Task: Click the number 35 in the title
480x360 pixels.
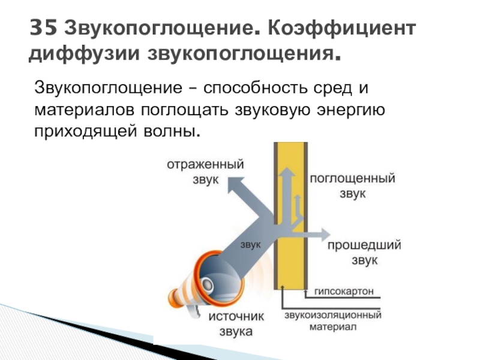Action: click(x=43, y=28)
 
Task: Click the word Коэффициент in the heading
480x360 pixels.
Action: click(x=342, y=29)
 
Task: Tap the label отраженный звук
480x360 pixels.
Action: click(x=205, y=172)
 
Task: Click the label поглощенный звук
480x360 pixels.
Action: click(x=353, y=185)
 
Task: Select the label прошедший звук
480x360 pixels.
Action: click(x=364, y=253)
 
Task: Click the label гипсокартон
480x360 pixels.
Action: click(x=344, y=291)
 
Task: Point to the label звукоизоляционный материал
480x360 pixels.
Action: click(x=333, y=320)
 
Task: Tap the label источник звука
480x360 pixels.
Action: click(x=236, y=324)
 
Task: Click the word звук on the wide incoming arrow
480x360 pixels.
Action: click(x=250, y=244)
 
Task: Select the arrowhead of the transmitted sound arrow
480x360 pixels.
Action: click(x=325, y=235)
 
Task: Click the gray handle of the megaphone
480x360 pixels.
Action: click(x=194, y=311)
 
